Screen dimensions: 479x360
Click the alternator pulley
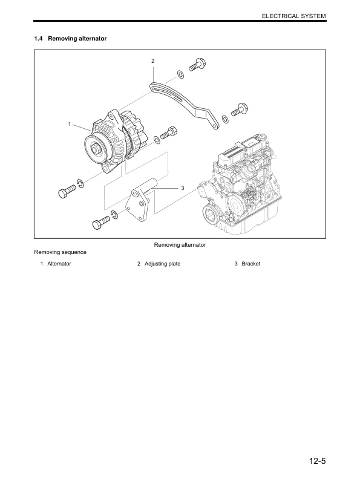pyautogui.click(x=95, y=147)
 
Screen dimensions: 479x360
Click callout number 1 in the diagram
pyautogui.click(x=70, y=124)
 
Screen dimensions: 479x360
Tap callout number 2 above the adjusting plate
pyautogui.click(x=152, y=61)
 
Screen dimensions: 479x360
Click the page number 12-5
pyautogui.click(x=315, y=462)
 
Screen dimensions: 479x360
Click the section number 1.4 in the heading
pyautogui.click(x=39, y=39)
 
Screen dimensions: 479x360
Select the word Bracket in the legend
pyautogui.click(x=250, y=264)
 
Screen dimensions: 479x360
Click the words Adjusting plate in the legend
pyautogui.click(x=162, y=264)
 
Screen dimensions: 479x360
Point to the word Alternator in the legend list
pyautogui.click(x=59, y=264)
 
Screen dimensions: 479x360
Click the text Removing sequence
pyautogui.click(x=60, y=252)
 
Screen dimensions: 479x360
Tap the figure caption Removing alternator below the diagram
pyautogui.click(x=180, y=245)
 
